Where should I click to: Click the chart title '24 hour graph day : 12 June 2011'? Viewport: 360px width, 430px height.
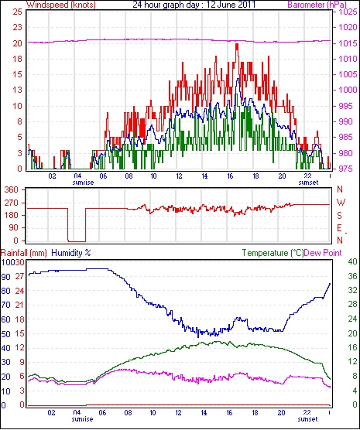point(194,5)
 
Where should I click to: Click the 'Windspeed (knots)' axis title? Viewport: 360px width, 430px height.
point(61,5)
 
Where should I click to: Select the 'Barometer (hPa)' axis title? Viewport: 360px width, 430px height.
point(317,5)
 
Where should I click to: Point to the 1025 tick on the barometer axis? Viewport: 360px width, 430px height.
point(347,12)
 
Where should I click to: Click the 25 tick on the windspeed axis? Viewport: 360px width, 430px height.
point(17,12)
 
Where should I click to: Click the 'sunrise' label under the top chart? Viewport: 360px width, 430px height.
point(83,183)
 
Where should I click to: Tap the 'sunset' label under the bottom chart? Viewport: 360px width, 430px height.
point(307,418)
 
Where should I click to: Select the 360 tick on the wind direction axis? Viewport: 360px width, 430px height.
point(12,189)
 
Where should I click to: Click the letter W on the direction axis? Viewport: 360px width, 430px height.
point(341,203)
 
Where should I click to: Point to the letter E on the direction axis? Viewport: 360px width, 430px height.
point(340,228)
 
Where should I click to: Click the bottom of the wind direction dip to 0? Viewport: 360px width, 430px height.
point(77,241)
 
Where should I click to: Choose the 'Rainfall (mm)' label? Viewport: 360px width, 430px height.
point(24,253)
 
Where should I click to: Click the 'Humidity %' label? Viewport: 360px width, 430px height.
point(71,253)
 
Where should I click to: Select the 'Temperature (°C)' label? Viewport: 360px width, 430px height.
point(273,253)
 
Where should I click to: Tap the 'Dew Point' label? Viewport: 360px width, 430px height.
point(323,253)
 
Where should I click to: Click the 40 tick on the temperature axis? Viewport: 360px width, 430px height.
point(352,261)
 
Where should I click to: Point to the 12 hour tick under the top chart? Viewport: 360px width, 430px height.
point(179,176)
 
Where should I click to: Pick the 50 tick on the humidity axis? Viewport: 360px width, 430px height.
point(5,334)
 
